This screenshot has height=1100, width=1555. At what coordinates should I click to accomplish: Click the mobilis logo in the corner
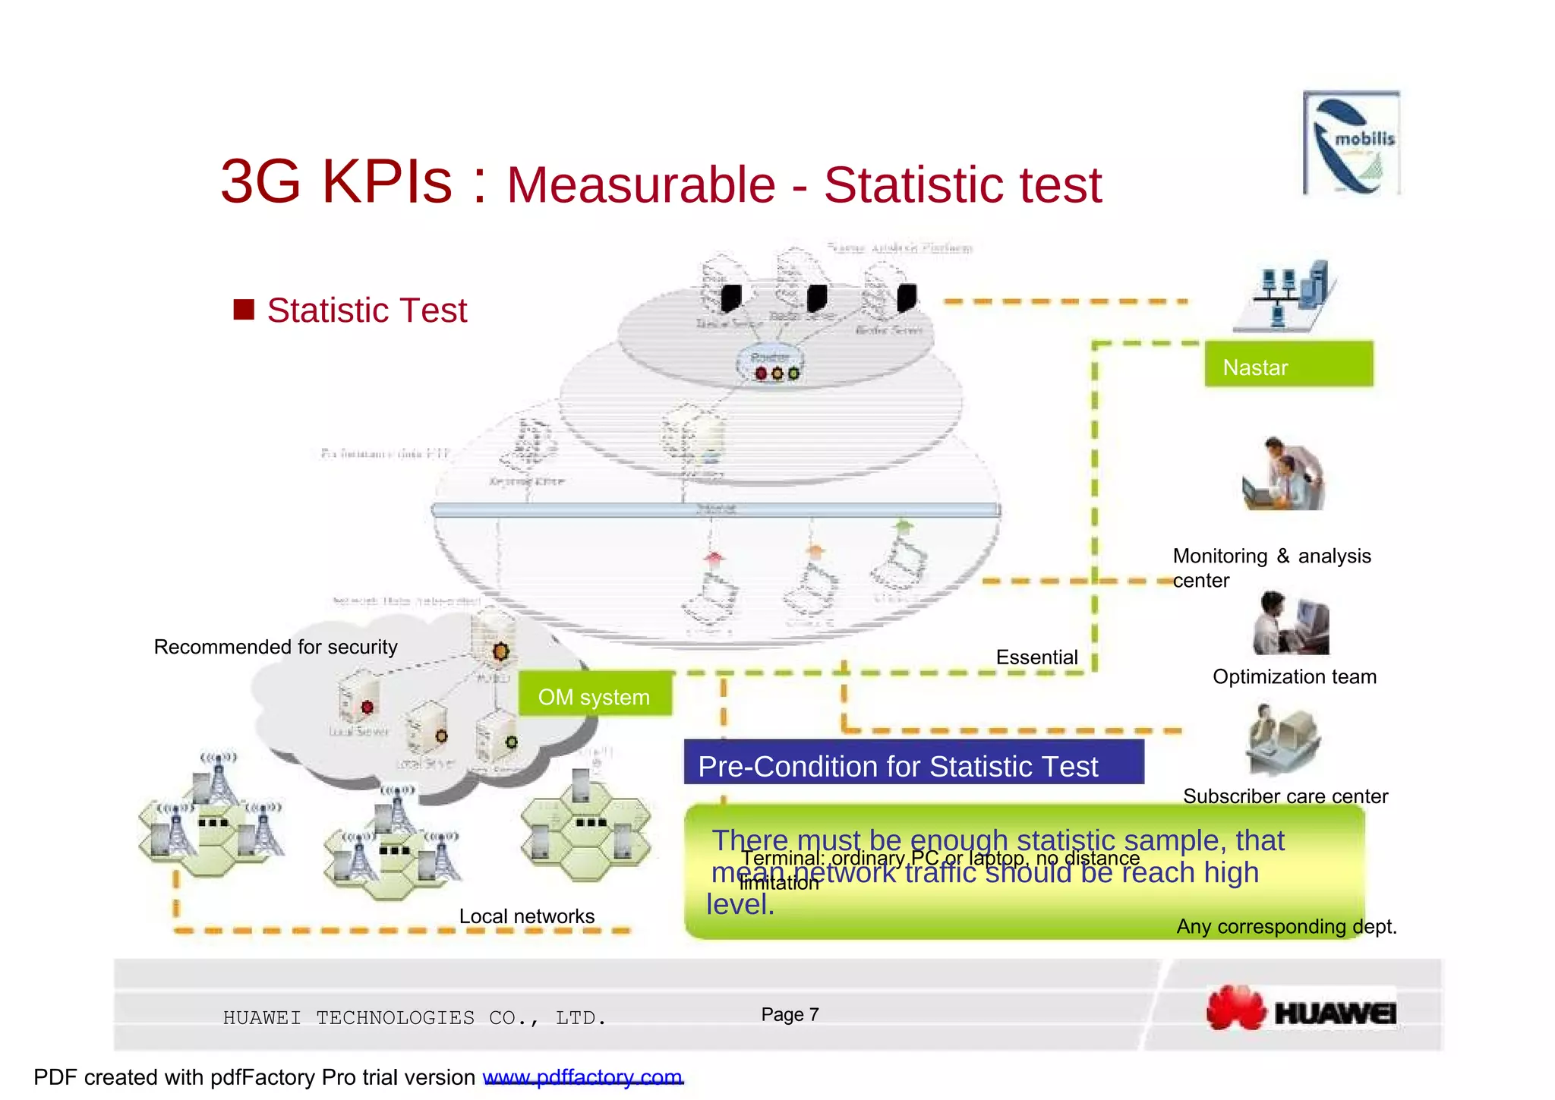(x=1351, y=143)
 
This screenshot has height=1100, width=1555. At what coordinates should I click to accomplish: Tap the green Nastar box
(x=1288, y=365)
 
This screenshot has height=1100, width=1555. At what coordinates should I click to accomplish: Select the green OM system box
(x=595, y=695)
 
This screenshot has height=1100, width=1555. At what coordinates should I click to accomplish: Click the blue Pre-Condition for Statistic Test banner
(x=913, y=763)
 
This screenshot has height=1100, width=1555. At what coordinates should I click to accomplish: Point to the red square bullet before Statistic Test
(x=244, y=310)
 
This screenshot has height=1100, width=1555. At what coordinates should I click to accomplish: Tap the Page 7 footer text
(x=790, y=1015)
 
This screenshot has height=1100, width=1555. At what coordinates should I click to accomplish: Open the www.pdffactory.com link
(x=582, y=1077)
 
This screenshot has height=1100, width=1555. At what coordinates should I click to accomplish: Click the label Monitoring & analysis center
(x=1271, y=568)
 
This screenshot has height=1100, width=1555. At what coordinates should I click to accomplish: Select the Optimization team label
(x=1294, y=676)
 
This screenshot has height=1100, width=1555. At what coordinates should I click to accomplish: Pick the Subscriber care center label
(x=1285, y=796)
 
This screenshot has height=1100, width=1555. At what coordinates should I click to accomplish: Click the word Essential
(x=1036, y=657)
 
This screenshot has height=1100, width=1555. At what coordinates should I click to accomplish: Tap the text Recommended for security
(x=276, y=647)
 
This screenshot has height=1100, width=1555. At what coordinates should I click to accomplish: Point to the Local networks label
(x=526, y=916)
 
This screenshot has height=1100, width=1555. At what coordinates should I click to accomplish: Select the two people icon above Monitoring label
(x=1284, y=474)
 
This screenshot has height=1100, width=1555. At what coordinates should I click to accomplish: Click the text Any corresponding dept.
(x=1286, y=926)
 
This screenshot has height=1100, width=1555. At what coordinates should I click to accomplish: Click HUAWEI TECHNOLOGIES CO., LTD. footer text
(x=415, y=1018)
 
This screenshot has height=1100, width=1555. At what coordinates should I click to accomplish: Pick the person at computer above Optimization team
(x=1290, y=623)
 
